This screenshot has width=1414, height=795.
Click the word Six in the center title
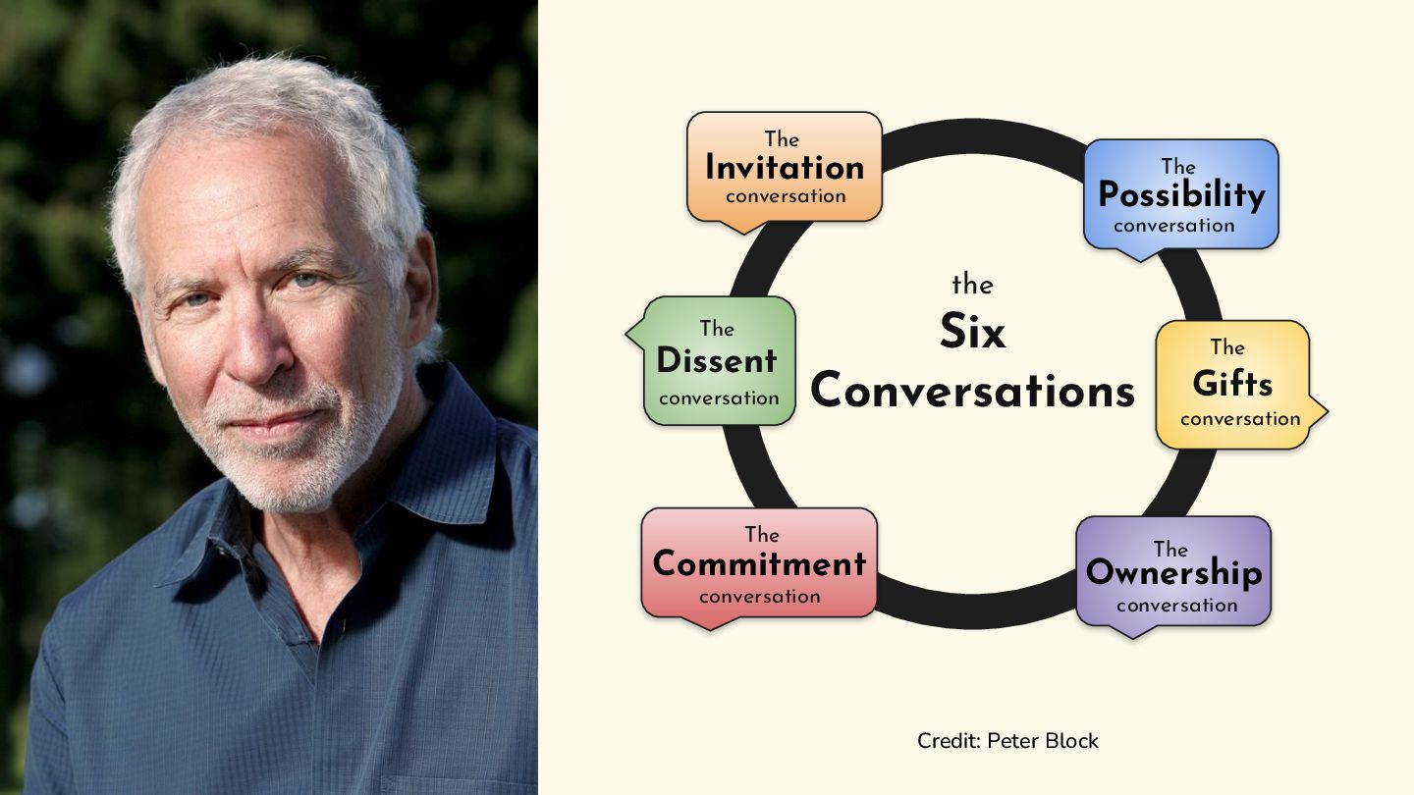972,332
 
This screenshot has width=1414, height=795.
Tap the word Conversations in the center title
972,392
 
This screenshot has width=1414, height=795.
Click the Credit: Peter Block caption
1007,741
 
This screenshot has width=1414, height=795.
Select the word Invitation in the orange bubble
785,167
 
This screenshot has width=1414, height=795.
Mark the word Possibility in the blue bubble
1181,195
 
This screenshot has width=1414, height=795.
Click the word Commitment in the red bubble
759,564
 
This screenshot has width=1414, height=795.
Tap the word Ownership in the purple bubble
1173,572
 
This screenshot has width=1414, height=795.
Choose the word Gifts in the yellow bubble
1232,383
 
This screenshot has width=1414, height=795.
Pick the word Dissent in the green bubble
717,361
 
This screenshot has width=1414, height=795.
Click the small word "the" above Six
972,285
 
